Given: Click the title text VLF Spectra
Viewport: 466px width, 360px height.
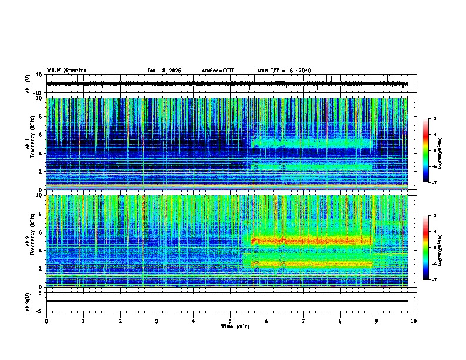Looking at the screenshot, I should click(x=66, y=71).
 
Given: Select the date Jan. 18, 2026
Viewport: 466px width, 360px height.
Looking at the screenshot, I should click(x=164, y=71).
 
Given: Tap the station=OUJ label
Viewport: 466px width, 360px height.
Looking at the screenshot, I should click(x=218, y=71).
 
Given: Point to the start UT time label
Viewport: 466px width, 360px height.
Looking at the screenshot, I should click(x=284, y=71).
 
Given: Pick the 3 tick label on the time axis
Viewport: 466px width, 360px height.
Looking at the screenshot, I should click(x=157, y=321).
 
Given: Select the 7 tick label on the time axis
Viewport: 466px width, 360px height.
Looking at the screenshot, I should click(x=304, y=321).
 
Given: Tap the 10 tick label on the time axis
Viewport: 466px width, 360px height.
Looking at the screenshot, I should click(x=414, y=321).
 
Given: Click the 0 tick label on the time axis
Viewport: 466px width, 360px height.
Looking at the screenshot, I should click(x=46, y=321).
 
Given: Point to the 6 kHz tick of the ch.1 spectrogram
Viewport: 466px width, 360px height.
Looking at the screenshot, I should click(x=42, y=135).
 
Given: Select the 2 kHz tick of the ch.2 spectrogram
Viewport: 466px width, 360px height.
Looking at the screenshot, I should click(x=42, y=268).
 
